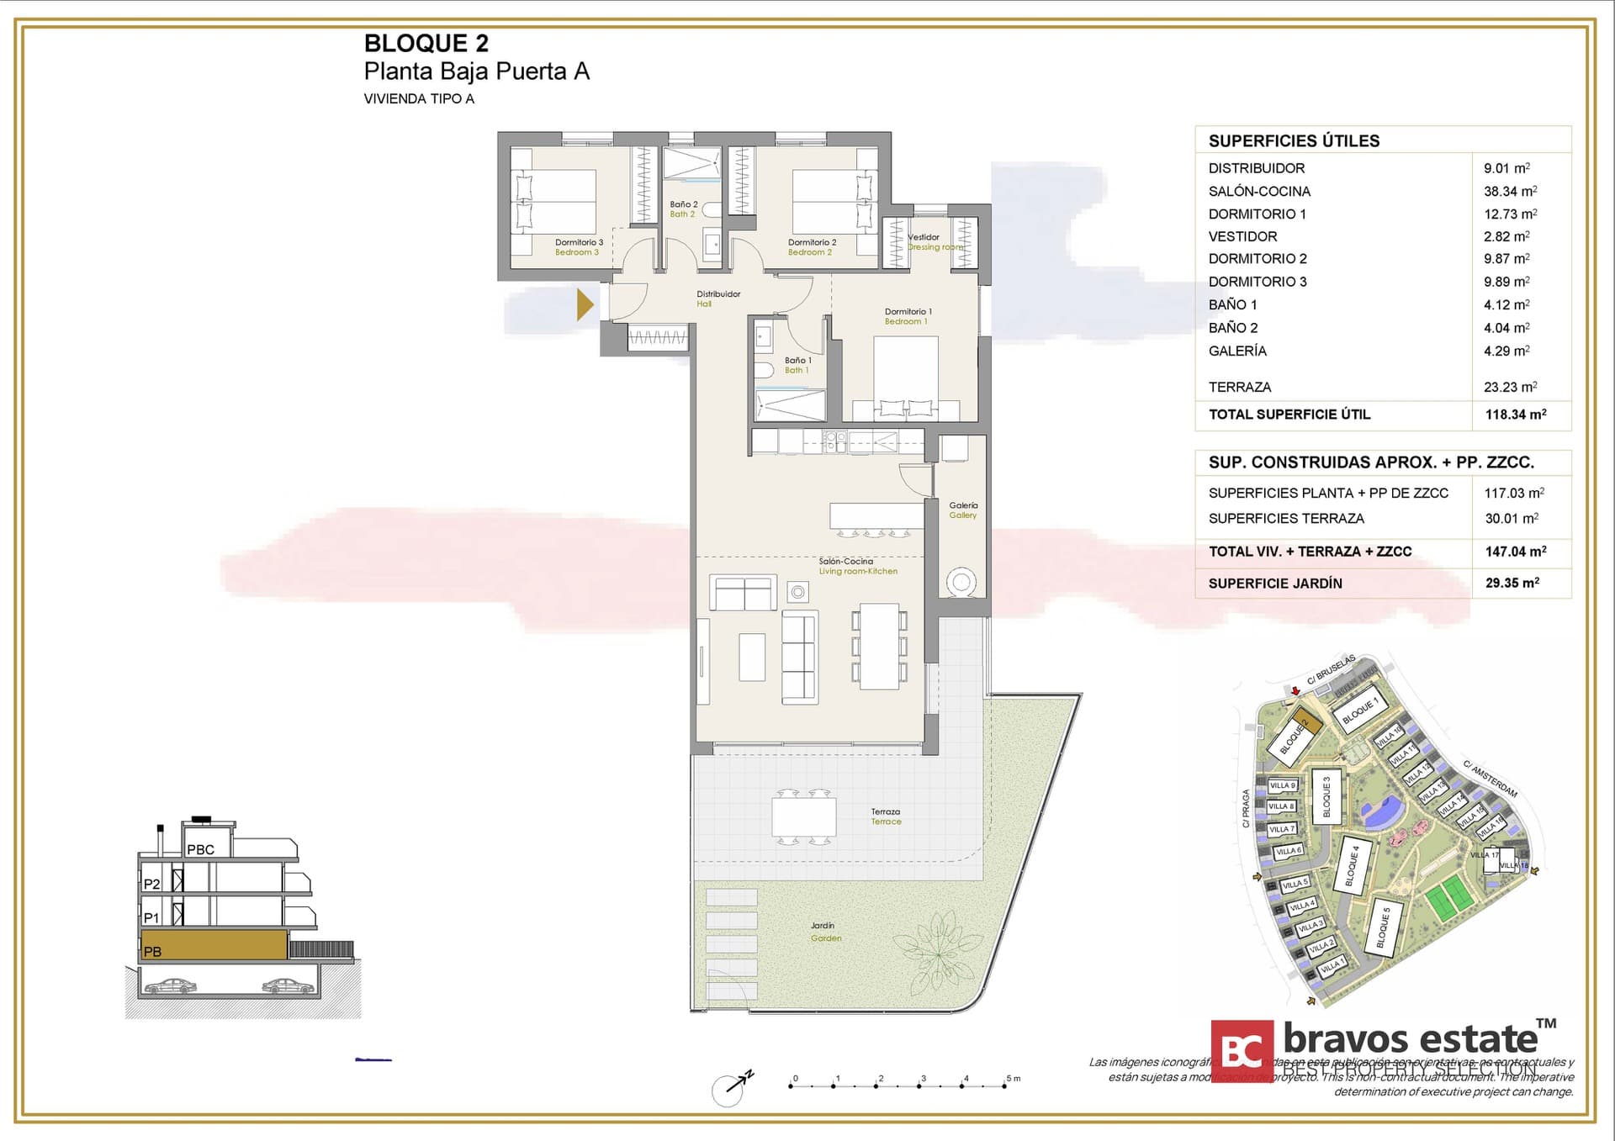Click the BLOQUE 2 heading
426,43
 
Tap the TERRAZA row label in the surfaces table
1239,388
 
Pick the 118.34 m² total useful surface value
1515,415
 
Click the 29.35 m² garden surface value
1512,583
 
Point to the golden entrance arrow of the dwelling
585,304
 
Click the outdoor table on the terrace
804,816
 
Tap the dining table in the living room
879,646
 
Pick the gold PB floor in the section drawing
214,945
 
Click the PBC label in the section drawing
200,849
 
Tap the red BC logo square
1242,1050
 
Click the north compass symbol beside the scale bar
729,1089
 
